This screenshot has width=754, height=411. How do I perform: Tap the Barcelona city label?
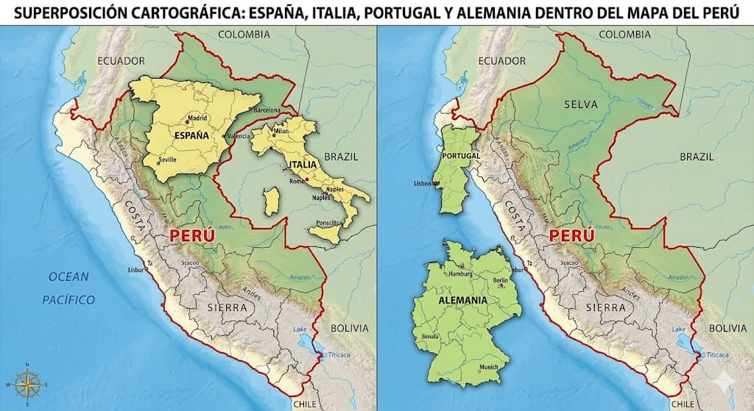pyautogui.click(x=266, y=110)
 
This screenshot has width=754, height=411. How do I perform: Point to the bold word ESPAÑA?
pyautogui.click(x=191, y=136)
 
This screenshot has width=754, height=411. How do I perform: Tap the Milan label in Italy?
pyautogui.click(x=282, y=132)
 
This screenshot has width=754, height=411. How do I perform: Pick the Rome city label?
pyautogui.click(x=297, y=181)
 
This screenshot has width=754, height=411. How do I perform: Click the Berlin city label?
pyautogui.click(x=500, y=280)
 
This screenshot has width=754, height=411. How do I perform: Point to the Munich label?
pyautogui.click(x=488, y=368)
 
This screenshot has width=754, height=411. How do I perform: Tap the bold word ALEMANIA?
pyautogui.click(x=462, y=301)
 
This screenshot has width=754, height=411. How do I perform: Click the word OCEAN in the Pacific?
pyautogui.click(x=68, y=277)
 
